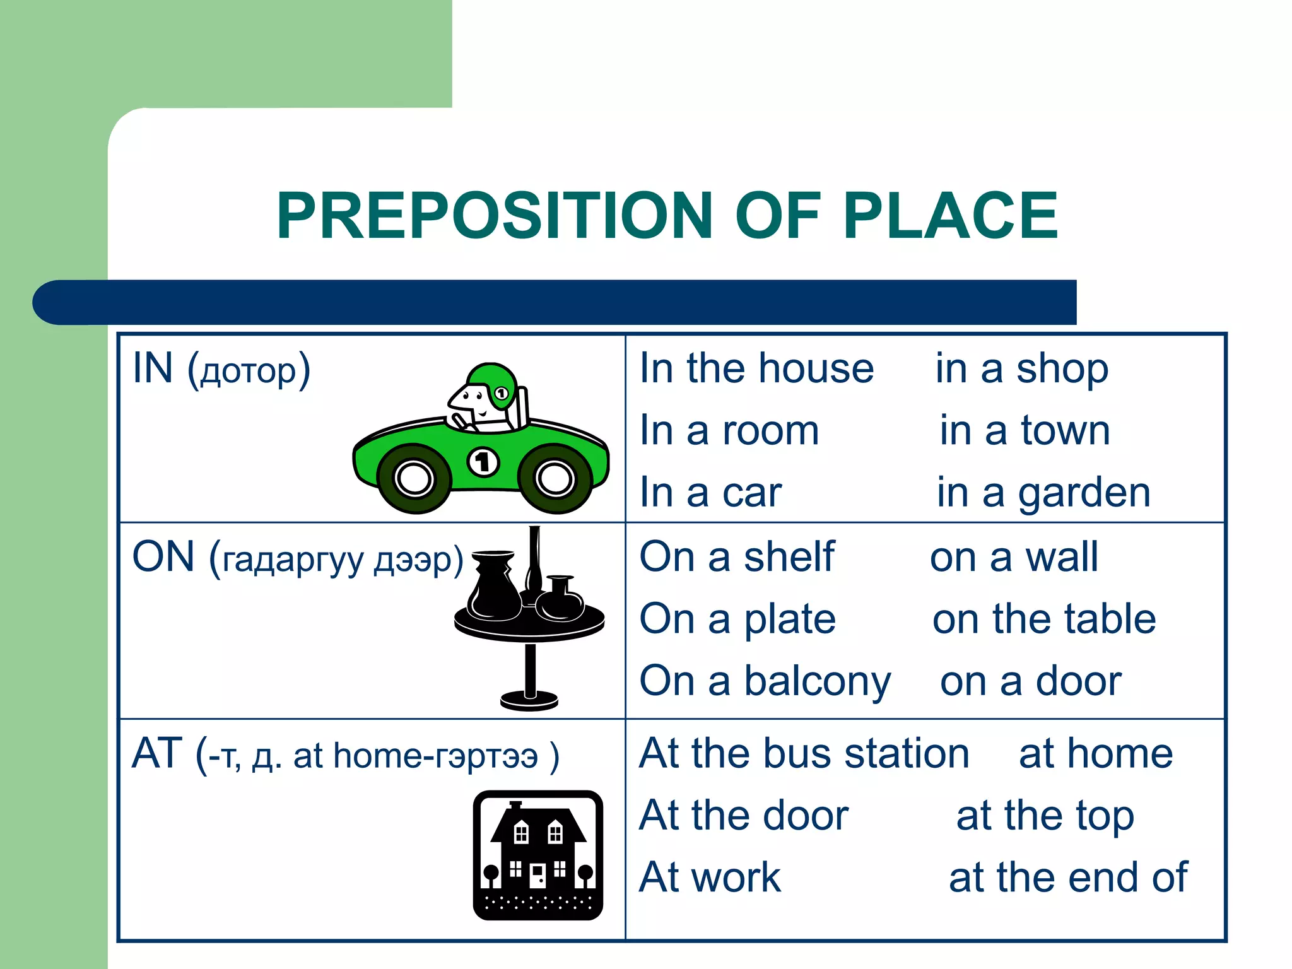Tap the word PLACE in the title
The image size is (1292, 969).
pyautogui.click(x=950, y=216)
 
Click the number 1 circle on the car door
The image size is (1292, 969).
pyautogui.click(x=483, y=462)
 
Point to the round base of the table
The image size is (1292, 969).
pyautogui.click(x=529, y=700)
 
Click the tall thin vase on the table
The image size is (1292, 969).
pyautogui.click(x=534, y=561)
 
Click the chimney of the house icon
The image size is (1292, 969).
pyautogui.click(x=515, y=806)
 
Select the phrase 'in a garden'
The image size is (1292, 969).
pyautogui.click(x=1043, y=493)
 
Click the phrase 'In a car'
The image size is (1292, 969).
pyautogui.click(x=710, y=493)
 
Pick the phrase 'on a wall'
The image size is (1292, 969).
pyautogui.click(x=1014, y=557)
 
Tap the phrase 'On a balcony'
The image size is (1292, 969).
pyautogui.click(x=765, y=682)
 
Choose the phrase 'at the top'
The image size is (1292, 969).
pyautogui.click(x=1045, y=816)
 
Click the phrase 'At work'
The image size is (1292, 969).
pyautogui.click(x=710, y=878)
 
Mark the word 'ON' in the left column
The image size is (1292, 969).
pyautogui.click(x=163, y=557)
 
